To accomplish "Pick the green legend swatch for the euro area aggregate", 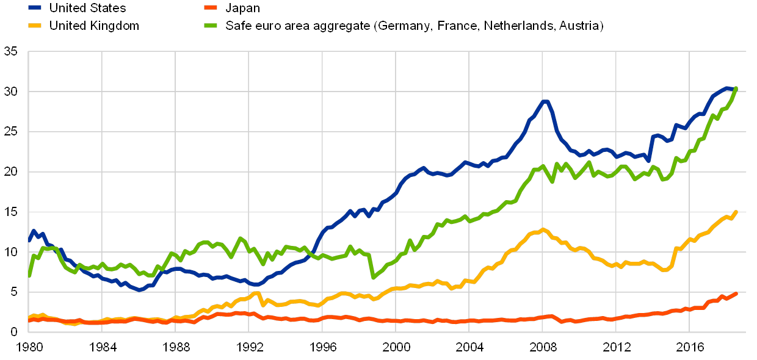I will click(x=210, y=26).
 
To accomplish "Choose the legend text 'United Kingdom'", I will click(x=95, y=26).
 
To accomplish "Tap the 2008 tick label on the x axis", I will click(x=543, y=348).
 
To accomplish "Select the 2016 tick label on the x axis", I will click(x=689, y=348).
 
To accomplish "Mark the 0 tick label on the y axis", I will click(x=13, y=332).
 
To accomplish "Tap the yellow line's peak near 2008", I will click(x=543, y=229).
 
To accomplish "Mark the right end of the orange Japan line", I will click(x=736, y=293).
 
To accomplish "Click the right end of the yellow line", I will click(x=736, y=212).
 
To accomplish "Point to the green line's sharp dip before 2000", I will click(x=373, y=277).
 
